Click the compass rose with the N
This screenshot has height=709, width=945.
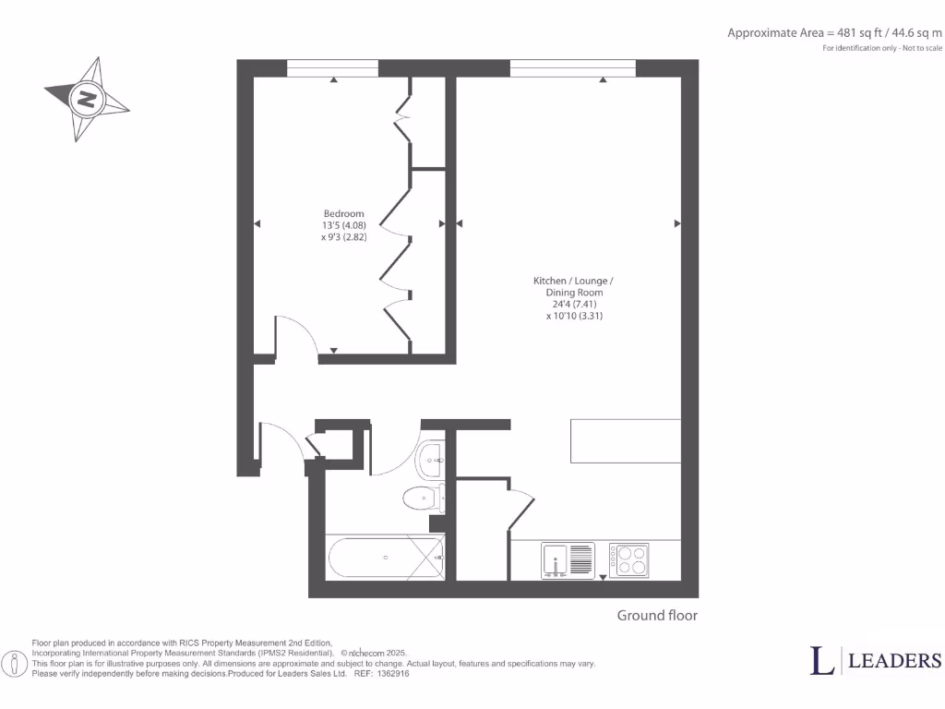point(86,99)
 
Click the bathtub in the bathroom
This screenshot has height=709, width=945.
point(386,558)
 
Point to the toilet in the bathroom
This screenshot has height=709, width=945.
point(424,499)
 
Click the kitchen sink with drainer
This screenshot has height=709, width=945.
point(568,560)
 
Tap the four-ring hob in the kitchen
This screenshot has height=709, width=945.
point(628,560)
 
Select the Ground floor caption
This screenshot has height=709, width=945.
point(657,616)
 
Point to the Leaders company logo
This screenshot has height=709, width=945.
point(876,660)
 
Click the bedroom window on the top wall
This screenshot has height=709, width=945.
point(332,68)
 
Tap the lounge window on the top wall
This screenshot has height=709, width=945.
point(572,68)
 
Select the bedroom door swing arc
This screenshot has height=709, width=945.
point(297,332)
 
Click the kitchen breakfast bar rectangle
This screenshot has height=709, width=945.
point(626,440)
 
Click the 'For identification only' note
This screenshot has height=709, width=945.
point(882,48)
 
